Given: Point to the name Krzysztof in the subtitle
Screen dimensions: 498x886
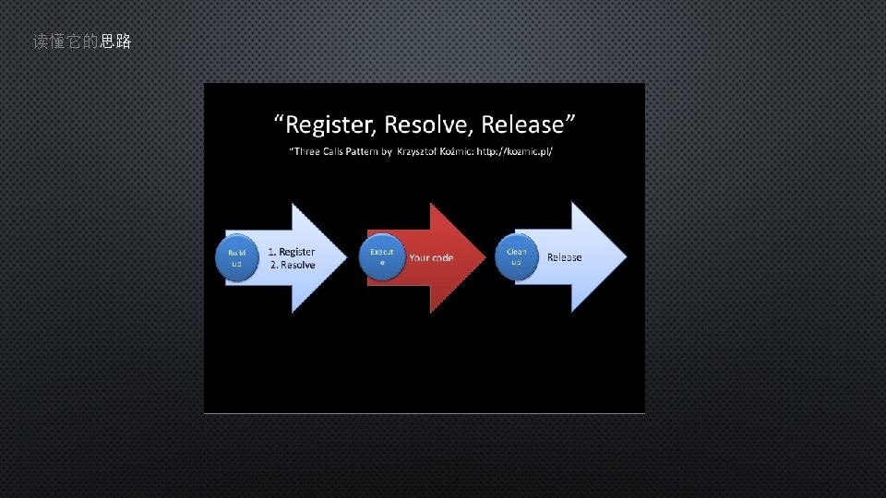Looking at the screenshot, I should (421, 150).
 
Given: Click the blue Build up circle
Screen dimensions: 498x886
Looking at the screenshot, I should (236, 258).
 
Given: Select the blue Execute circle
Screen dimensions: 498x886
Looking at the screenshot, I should (381, 256).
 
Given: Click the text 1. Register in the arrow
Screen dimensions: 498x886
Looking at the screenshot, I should (291, 252).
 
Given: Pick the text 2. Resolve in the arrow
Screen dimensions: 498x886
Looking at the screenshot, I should (293, 265).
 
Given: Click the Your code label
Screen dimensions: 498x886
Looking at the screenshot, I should (431, 258).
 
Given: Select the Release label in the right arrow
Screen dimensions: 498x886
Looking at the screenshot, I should (564, 257).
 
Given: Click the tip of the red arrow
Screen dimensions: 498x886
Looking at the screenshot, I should (483, 258).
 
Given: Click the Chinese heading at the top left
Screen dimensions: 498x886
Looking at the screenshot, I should (82, 41).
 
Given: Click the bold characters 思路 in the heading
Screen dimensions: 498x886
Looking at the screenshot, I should (115, 41).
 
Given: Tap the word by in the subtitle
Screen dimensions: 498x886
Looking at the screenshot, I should (387, 150).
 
